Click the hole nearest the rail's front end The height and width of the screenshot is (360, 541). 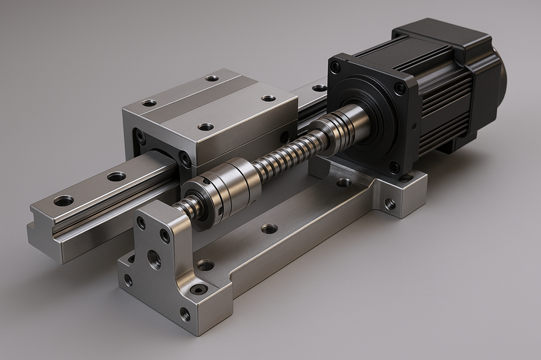pos(64,201)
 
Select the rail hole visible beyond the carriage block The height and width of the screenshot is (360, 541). pos(320,88)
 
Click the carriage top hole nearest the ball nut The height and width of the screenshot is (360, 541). pos(205,127)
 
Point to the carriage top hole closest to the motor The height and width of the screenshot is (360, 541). pos(268,98)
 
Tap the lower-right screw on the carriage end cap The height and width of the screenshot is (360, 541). pos(186,159)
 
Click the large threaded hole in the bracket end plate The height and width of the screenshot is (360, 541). pos(154,259)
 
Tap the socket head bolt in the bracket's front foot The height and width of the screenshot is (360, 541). pos(199,289)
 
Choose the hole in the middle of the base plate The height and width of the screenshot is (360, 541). pos(269,229)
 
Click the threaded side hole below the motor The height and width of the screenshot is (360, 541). pos(389,204)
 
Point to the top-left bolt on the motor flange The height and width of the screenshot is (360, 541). pos(335,67)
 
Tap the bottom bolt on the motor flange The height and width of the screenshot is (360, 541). pos(394,167)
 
